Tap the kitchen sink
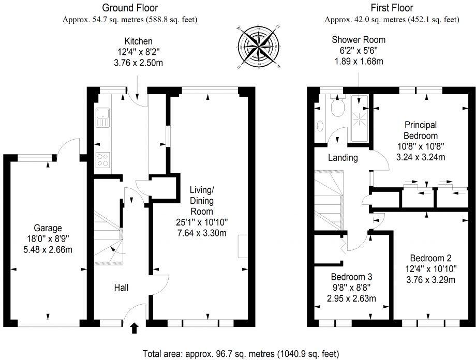[x=102, y=117]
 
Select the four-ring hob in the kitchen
[x=102, y=160]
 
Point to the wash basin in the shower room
[x=320, y=125]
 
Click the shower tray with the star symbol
[x=360, y=118]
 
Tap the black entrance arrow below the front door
[x=135, y=328]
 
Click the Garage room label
[x=48, y=228]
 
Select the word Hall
[x=121, y=288]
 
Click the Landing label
[x=343, y=158]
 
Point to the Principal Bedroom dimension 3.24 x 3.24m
[x=421, y=157]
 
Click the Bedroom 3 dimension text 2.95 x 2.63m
[x=351, y=298]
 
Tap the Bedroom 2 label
[x=430, y=258]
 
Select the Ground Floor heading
[x=130, y=8]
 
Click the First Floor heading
[x=392, y=8]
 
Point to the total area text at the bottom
[x=241, y=354]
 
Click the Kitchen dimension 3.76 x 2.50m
[x=138, y=63]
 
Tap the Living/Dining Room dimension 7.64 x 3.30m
[x=202, y=233]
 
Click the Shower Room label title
[x=359, y=40]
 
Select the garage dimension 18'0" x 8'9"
[x=48, y=239]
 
